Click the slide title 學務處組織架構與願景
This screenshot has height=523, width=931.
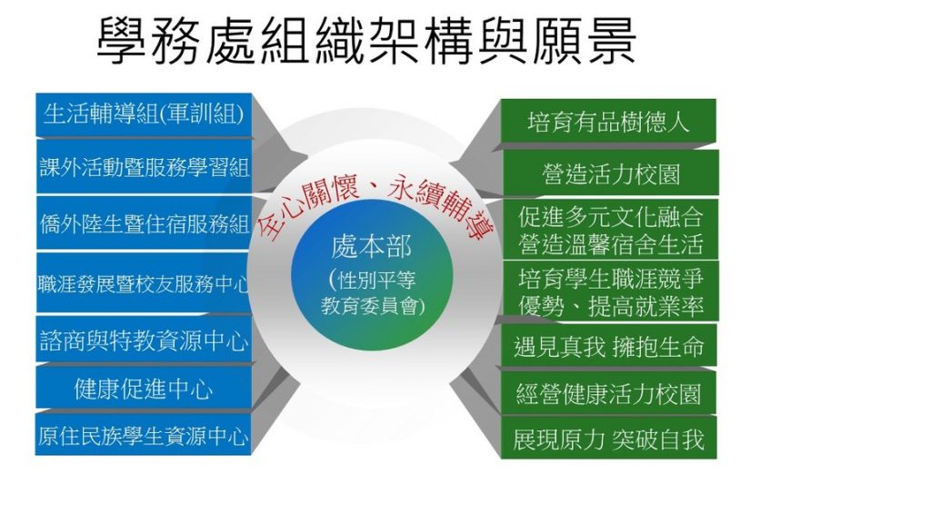click(x=366, y=40)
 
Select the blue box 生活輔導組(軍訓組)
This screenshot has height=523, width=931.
click(x=144, y=114)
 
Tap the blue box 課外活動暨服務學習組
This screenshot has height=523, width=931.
click(x=144, y=167)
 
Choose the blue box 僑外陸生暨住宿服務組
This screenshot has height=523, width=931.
click(x=144, y=223)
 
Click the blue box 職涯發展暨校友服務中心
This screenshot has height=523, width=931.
click(x=144, y=283)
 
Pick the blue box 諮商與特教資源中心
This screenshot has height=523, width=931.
click(x=144, y=340)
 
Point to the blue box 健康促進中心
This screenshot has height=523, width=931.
click(x=144, y=388)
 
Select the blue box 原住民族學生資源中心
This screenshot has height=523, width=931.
click(x=144, y=435)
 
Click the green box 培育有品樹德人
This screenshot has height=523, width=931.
click(x=608, y=121)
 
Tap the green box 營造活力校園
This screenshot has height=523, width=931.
click(x=610, y=173)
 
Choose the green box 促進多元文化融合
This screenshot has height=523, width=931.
click(x=610, y=230)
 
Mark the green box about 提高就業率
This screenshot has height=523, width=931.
click(x=610, y=291)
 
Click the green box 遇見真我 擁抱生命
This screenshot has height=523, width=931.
click(x=609, y=345)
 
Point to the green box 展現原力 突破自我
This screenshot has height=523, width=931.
click(x=609, y=438)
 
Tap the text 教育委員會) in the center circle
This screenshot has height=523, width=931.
click(x=374, y=305)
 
